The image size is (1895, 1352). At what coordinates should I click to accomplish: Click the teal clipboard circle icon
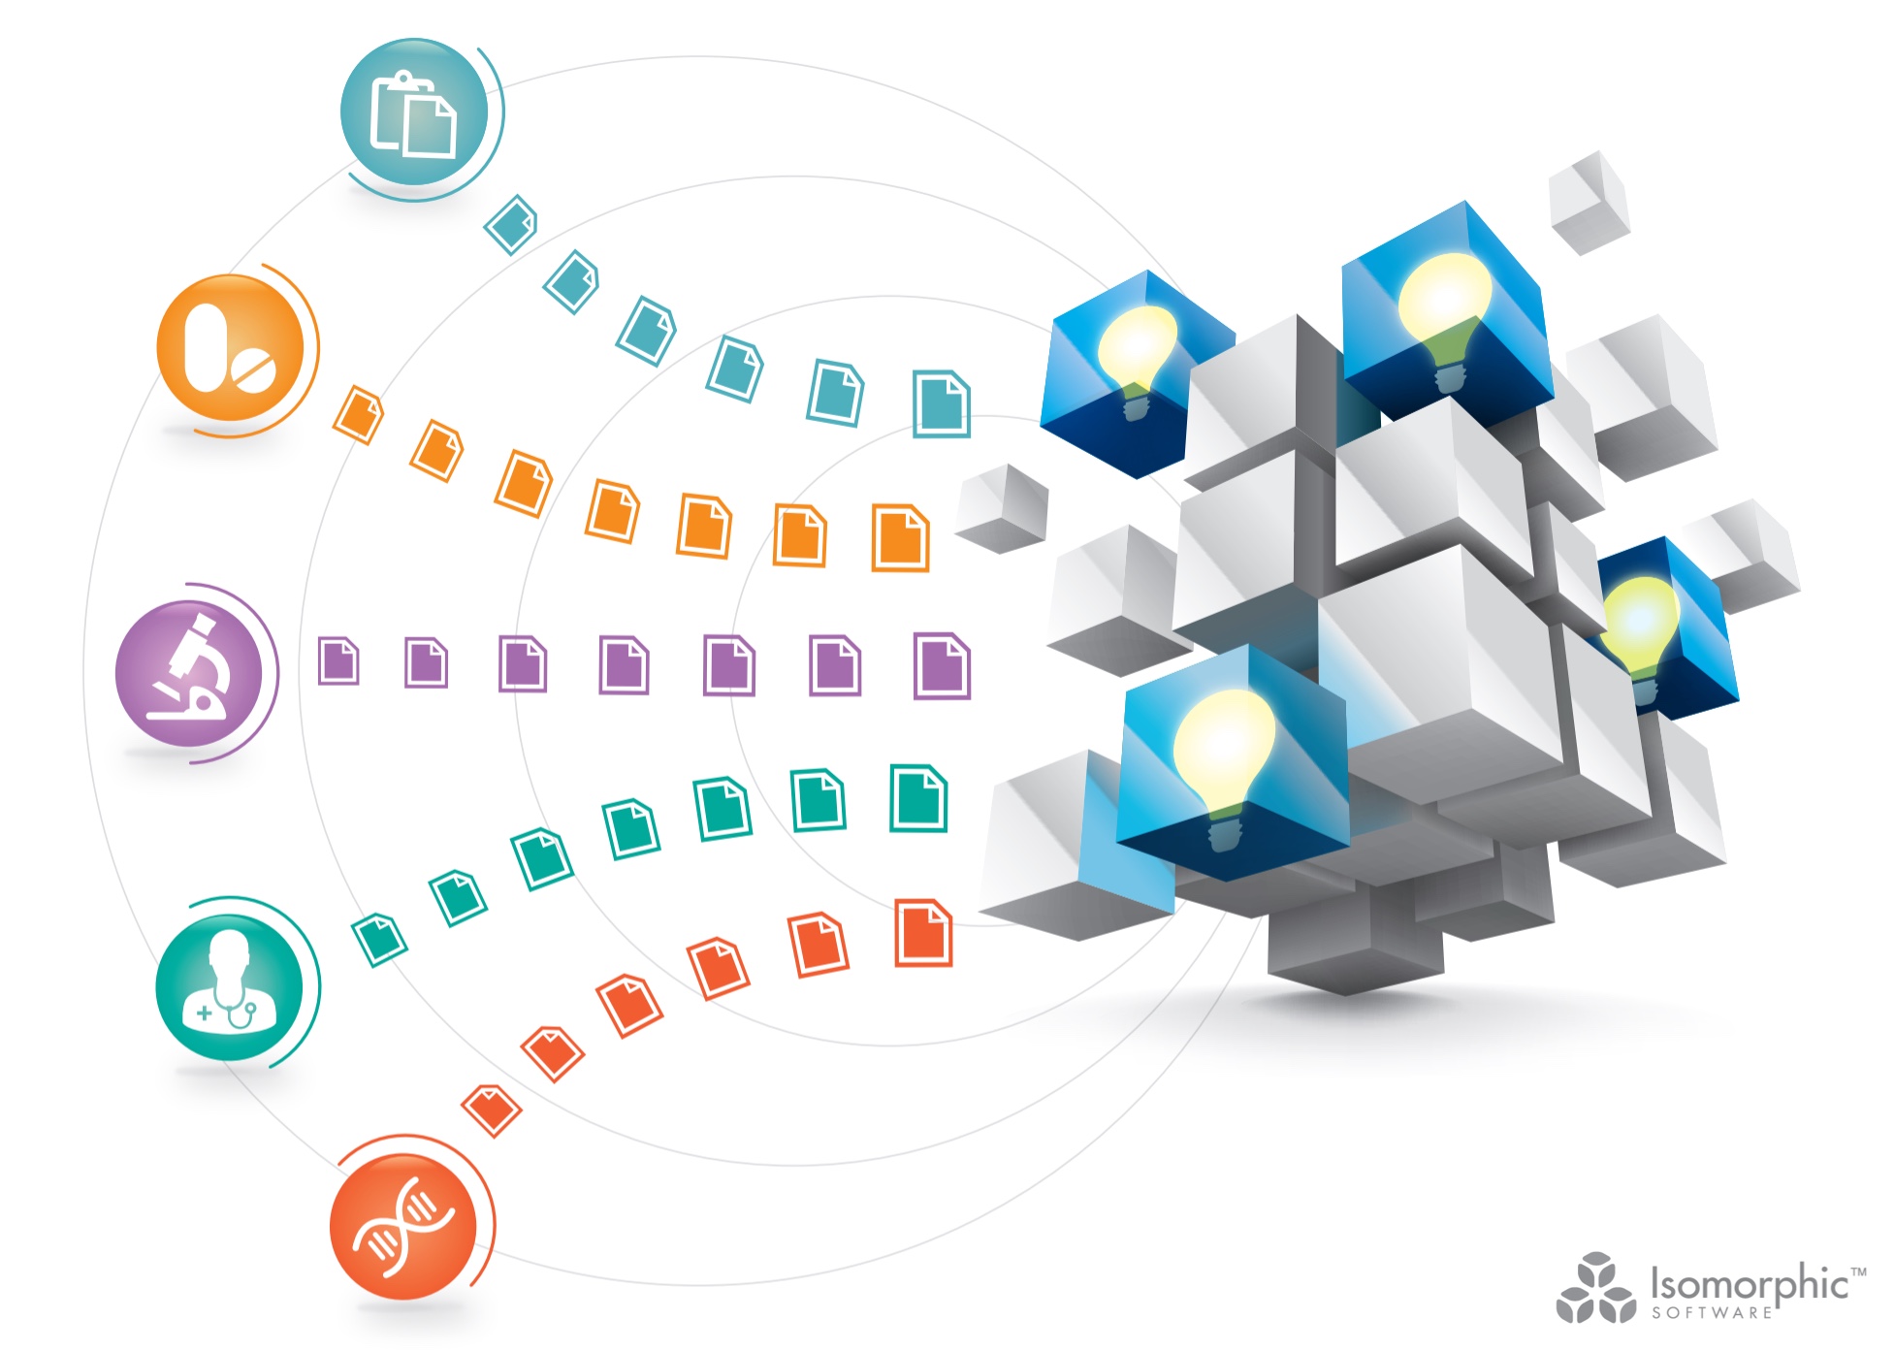414,113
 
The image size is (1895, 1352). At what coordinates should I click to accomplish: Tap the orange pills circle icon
231,348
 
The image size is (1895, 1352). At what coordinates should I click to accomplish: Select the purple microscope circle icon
189,673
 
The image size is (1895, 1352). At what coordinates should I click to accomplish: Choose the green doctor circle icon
230,987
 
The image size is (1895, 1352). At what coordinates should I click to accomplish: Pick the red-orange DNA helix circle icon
403,1226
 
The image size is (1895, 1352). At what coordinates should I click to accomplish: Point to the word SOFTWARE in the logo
1713,1312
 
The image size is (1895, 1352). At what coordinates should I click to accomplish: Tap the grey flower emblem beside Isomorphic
1595,1288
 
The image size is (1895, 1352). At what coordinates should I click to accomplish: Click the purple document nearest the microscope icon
338,660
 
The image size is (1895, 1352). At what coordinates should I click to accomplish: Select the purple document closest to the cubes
942,665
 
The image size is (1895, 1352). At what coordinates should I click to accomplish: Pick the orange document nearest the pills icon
358,415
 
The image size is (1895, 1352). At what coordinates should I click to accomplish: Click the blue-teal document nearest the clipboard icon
510,224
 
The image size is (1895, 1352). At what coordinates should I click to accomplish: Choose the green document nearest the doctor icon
379,939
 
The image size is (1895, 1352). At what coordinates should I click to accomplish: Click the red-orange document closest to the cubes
923,933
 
